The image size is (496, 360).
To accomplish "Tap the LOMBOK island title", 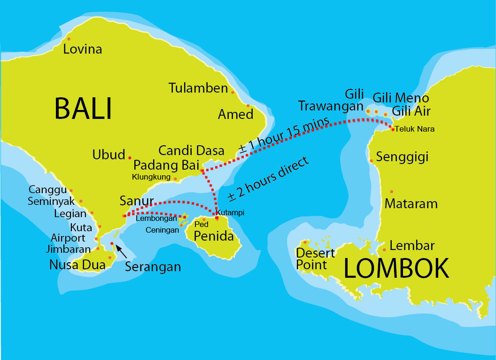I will point(396,269).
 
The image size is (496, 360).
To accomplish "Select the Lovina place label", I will point(83,49).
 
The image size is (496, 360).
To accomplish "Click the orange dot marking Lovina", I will point(69,39).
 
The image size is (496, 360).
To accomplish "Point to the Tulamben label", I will point(198,88).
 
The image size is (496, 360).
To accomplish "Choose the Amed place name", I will point(235,114).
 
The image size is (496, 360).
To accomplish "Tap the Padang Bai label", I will point(167,166).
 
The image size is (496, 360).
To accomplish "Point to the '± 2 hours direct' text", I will point(269,179).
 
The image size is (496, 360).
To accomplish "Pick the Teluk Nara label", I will point(415,129).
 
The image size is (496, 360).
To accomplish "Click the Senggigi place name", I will point(403,157).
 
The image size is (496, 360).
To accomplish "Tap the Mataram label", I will point(411,204).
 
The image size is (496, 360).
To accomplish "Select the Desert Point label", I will point(315,258).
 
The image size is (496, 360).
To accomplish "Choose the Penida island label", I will point(214,236).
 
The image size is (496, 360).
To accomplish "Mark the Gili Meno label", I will point(401,98).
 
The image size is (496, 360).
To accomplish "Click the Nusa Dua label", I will point(77,265).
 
